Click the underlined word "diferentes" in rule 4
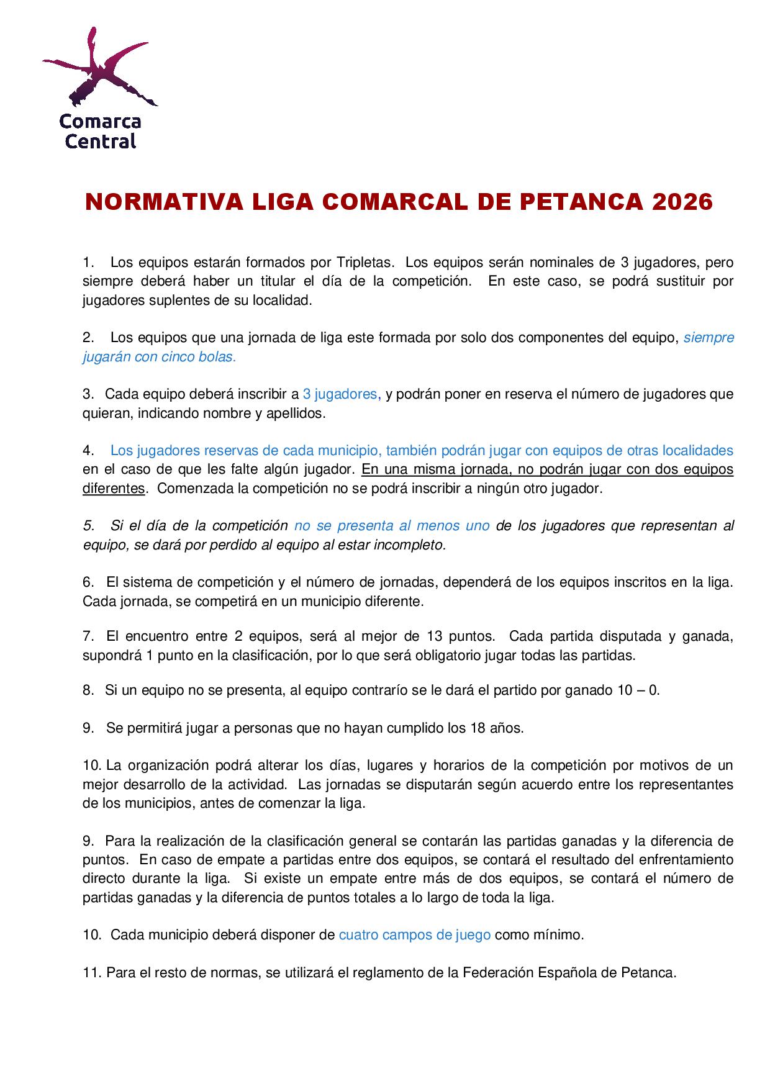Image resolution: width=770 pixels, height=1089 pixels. (114, 489)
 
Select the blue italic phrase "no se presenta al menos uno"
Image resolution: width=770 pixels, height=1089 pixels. (392, 526)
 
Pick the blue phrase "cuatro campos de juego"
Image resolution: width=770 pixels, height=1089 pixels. (415, 935)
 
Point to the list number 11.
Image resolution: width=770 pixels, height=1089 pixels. (91, 973)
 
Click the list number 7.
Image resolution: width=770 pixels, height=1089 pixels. (88, 636)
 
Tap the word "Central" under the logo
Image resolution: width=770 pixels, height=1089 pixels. (101, 142)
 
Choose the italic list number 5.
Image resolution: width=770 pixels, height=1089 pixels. (88, 526)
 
